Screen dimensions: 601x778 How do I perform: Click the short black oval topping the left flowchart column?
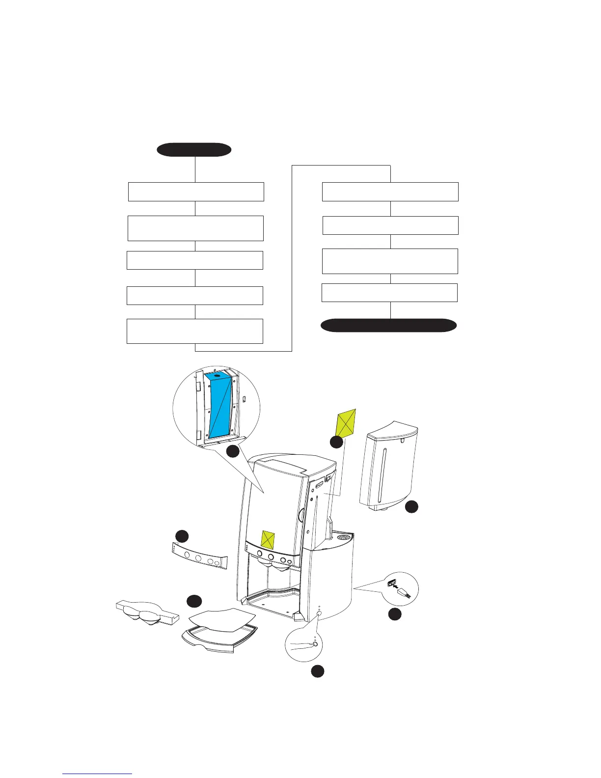(194, 150)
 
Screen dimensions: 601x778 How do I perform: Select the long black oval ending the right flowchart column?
(389, 325)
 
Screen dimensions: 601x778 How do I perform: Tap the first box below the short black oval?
(196, 192)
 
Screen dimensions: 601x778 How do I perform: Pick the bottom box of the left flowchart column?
(195, 331)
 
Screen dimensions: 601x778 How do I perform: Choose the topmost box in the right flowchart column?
(390, 192)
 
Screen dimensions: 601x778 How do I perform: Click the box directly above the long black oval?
(389, 293)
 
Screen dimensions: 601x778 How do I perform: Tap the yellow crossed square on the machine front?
(268, 539)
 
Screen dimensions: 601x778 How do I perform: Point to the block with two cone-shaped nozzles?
(145, 612)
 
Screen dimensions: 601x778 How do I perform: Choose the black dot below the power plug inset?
(395, 614)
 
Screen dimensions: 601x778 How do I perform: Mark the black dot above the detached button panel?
(182, 536)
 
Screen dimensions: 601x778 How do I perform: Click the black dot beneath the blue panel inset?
(233, 451)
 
